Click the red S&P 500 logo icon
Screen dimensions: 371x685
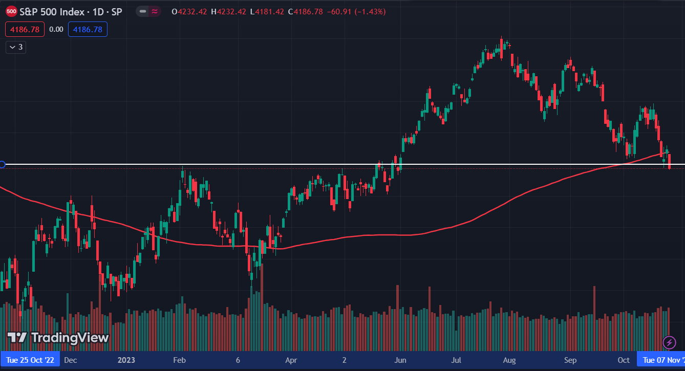point(11,11)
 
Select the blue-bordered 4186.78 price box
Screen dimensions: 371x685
point(88,30)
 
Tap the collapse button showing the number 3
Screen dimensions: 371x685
point(16,47)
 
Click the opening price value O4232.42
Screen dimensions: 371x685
point(189,11)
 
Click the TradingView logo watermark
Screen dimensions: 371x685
point(58,338)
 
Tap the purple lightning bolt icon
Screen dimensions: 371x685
point(669,342)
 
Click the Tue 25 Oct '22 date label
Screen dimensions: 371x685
point(30,360)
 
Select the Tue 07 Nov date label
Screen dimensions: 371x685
point(662,360)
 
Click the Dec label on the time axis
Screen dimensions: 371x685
point(71,360)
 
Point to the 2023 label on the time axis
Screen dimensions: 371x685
point(126,360)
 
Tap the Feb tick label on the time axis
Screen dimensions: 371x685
point(179,360)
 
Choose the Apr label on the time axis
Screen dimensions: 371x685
point(291,360)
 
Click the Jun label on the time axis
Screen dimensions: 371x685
point(400,360)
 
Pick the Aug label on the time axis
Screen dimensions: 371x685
point(510,360)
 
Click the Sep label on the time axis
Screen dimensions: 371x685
point(570,360)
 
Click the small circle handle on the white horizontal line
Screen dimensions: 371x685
point(2,164)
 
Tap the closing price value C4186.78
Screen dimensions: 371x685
point(305,11)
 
